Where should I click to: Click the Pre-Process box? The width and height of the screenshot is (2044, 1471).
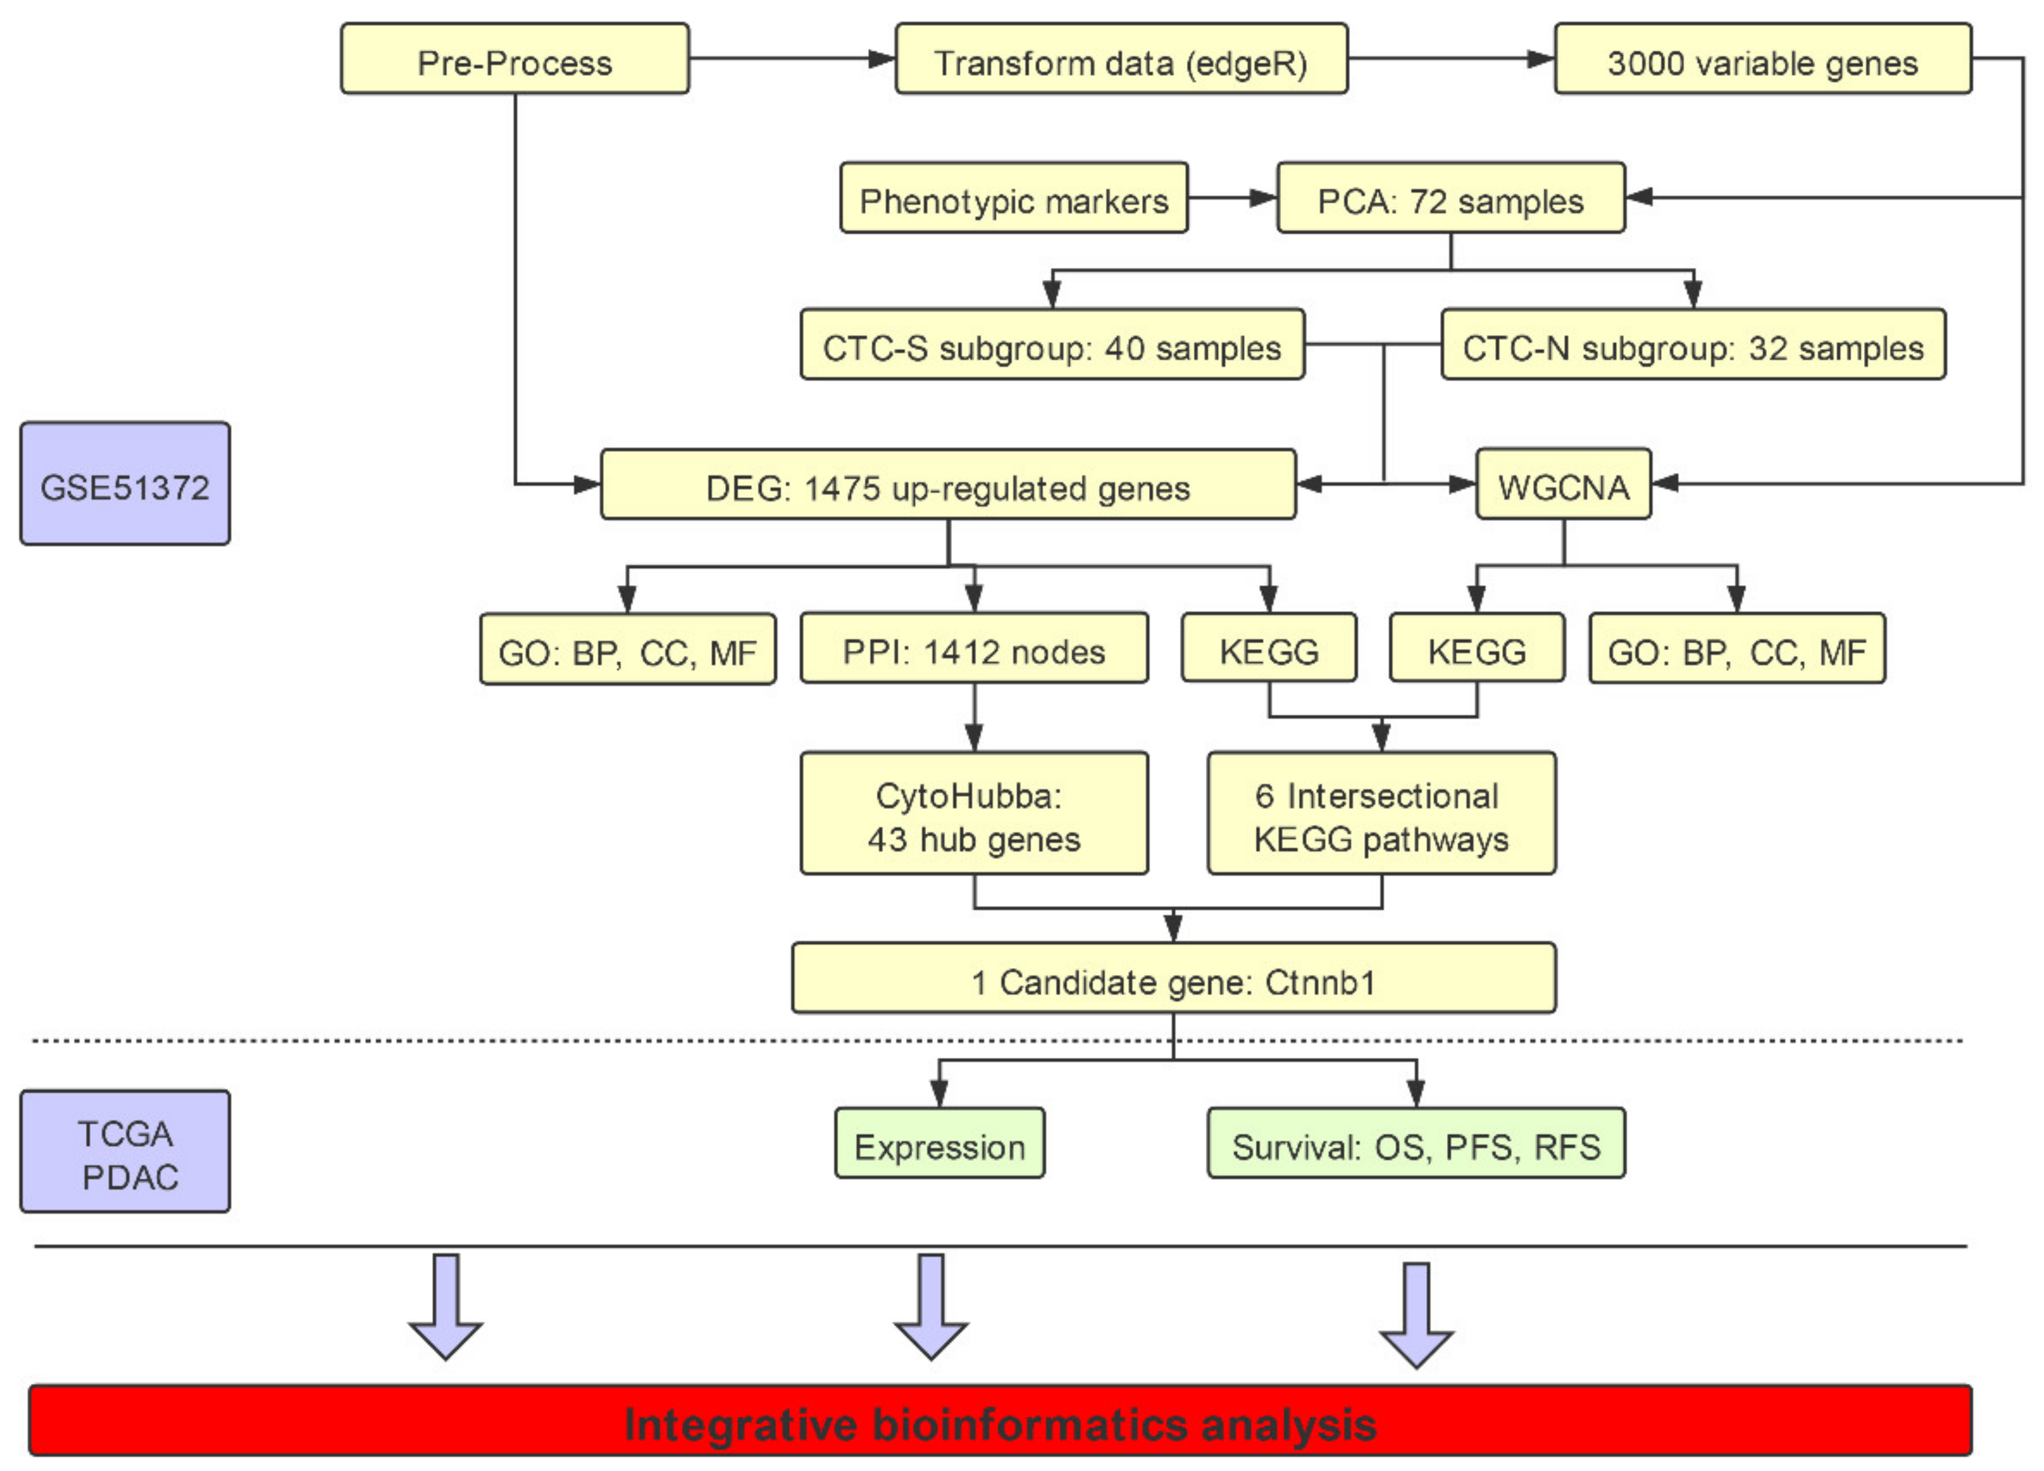click(x=515, y=59)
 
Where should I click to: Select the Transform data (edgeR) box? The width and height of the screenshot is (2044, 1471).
click(x=1121, y=59)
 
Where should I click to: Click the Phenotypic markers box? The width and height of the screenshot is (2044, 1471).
click(x=1013, y=198)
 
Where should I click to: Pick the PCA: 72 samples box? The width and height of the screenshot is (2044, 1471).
click(x=1450, y=198)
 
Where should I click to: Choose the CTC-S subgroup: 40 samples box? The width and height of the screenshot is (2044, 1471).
click(x=1052, y=345)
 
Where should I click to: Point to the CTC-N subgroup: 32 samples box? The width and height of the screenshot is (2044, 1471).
click(x=1693, y=345)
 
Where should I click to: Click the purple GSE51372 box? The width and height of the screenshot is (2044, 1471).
click(x=124, y=484)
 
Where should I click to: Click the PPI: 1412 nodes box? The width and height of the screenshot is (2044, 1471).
click(x=973, y=649)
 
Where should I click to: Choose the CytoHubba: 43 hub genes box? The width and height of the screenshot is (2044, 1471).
click(x=973, y=814)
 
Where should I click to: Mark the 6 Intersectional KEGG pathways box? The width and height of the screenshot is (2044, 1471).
click(x=1381, y=814)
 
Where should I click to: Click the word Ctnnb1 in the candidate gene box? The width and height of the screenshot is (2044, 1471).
click(x=1320, y=980)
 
